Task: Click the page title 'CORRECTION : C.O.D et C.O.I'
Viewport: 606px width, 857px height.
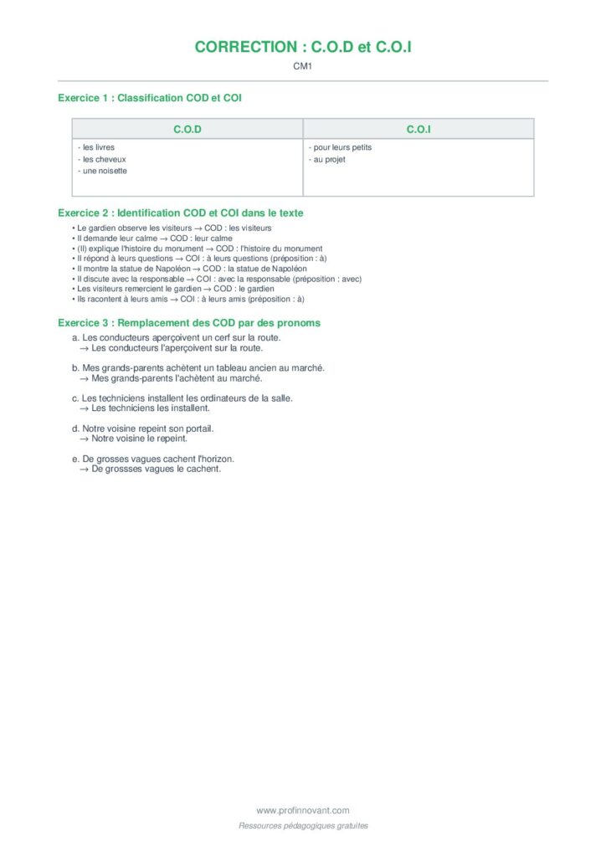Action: (303, 47)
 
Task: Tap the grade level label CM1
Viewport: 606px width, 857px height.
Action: (302, 66)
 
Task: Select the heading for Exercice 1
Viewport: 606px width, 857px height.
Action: (150, 98)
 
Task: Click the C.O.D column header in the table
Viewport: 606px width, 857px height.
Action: (187, 129)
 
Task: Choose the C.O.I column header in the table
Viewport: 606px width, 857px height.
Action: (419, 129)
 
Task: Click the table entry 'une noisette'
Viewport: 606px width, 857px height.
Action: (103, 171)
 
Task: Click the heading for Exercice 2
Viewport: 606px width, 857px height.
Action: (181, 213)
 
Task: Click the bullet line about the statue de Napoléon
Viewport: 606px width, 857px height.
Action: (190, 269)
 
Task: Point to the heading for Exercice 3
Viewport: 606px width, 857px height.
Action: (189, 322)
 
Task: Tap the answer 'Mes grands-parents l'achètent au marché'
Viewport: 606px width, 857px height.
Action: (177, 378)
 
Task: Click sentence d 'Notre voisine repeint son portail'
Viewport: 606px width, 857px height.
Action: (143, 428)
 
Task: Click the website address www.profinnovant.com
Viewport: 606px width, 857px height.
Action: (303, 810)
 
